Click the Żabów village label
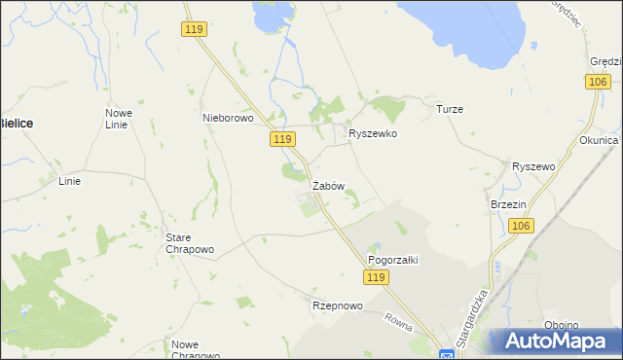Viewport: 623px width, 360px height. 328,185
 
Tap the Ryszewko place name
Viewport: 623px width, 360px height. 373,133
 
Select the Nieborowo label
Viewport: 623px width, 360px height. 227,118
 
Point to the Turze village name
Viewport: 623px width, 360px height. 449,109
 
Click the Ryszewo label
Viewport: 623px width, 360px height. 532,166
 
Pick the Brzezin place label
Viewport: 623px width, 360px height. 508,204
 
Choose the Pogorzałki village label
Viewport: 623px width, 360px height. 392,260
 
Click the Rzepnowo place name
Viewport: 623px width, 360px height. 337,306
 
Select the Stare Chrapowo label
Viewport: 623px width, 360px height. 190,243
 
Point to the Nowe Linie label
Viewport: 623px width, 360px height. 119,119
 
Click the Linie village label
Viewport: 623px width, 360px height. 70,181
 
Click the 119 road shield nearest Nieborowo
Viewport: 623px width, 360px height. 282,140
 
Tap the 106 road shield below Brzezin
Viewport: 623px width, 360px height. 521,226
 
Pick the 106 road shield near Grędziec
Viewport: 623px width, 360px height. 599,84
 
